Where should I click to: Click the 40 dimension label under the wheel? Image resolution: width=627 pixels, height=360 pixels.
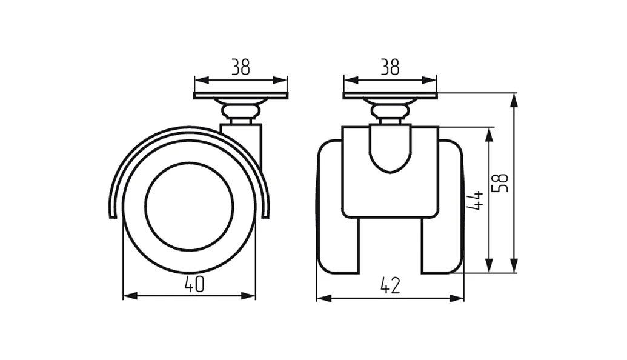pos(194,284)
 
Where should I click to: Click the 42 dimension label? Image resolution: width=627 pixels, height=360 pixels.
pos(390,285)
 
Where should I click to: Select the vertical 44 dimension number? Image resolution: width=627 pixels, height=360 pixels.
pos(476,200)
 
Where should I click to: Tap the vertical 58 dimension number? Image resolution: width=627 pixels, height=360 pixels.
pos(500,183)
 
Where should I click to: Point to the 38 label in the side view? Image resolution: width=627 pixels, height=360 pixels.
pos(241,67)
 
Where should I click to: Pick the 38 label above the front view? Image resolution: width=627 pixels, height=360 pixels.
pos(390,67)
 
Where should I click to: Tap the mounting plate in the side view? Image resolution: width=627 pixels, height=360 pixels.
pos(241,95)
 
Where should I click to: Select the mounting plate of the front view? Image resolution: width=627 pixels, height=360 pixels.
pos(390,95)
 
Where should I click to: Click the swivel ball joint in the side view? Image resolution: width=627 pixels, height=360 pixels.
pos(241,110)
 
